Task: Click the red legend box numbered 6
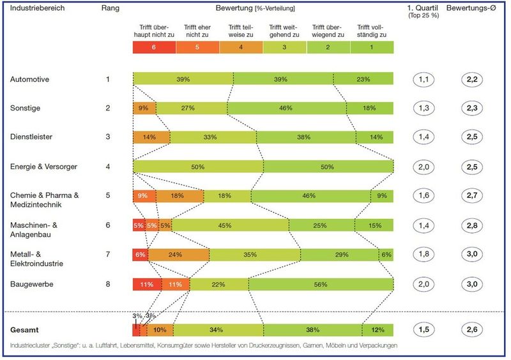pos(154,47)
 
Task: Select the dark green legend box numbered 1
pos(372,47)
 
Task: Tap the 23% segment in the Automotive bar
pos(363,79)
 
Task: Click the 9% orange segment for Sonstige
pos(144,108)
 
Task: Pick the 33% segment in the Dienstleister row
pos(206,137)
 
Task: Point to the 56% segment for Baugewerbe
pos(321,284)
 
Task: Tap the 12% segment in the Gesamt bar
pos(377,330)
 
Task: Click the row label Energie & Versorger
pos(43,167)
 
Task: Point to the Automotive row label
pos(31,79)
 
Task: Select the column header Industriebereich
pos(37,9)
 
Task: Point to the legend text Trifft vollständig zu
pos(372,32)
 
